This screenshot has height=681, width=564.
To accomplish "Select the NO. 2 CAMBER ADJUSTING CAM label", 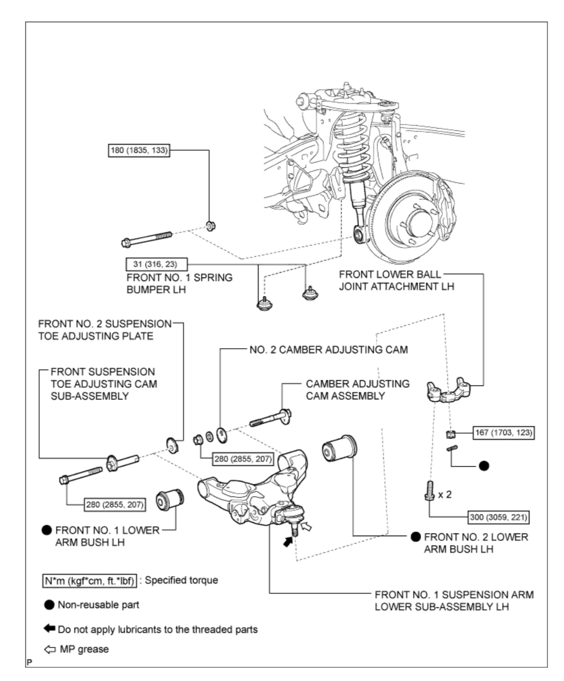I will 329,350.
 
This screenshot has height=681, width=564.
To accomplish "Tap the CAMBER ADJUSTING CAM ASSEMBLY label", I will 358,390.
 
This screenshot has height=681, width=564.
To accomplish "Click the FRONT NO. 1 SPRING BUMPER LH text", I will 179,284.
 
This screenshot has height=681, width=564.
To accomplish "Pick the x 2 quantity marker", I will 445,495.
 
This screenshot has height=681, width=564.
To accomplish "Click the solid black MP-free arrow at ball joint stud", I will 288,542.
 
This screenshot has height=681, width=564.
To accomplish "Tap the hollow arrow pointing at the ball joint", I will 307,525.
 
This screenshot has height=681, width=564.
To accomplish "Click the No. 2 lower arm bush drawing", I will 340,448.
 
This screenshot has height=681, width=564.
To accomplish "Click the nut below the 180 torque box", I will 210,226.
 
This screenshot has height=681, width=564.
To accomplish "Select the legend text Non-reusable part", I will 98,605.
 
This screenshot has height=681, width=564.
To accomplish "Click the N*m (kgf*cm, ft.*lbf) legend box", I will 90,580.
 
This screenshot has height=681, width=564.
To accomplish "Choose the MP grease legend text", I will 84,649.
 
